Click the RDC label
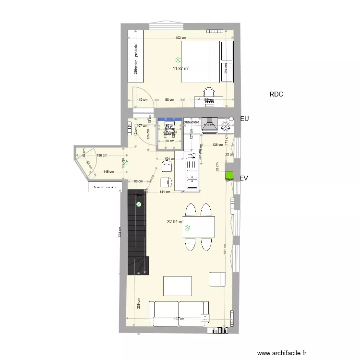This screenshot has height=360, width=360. point(276,95)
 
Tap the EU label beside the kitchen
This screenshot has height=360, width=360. point(244,118)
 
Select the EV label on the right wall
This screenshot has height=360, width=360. point(244,178)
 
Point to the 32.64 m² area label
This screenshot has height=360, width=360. point(175,222)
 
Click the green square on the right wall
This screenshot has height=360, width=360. point(229,176)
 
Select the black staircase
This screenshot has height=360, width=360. point(136,231)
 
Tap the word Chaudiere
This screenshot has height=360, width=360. point(192,122)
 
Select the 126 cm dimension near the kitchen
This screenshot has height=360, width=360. point(217,144)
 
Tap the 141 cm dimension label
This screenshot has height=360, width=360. point(165,192)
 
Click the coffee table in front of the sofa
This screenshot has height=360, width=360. point(178,286)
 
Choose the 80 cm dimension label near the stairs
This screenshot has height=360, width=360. point(139,181)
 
